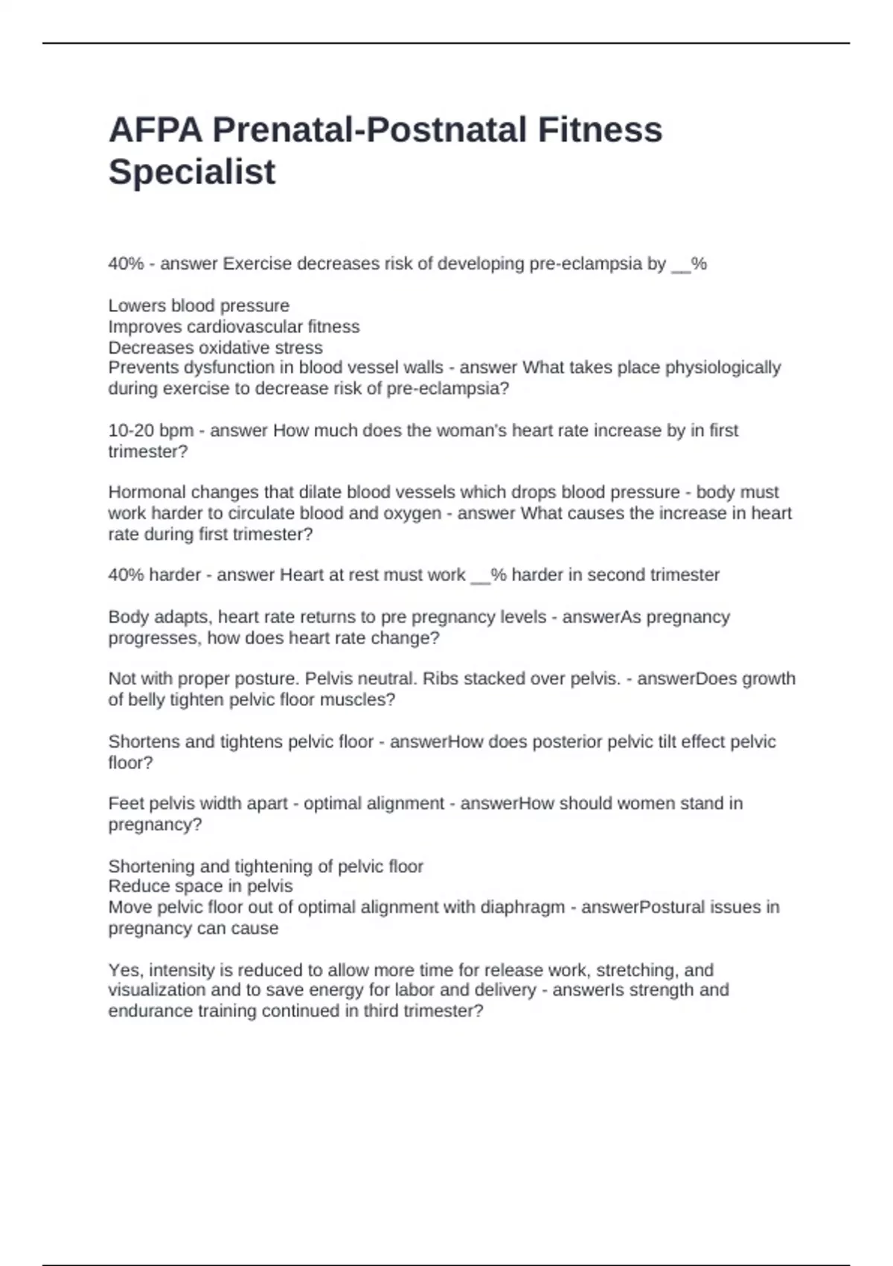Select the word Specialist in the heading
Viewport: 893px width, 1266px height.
pos(192,171)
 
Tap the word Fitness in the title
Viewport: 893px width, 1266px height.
pos(599,130)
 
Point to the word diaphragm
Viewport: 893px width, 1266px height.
pos(522,907)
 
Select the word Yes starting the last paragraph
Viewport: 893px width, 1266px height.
pos(127,970)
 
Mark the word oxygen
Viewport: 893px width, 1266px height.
pos(412,513)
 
